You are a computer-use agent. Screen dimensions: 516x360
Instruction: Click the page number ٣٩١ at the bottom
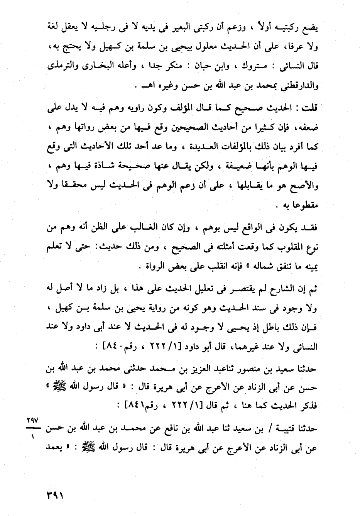[55, 494]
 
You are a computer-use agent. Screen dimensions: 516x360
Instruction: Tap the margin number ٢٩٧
[30, 421]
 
